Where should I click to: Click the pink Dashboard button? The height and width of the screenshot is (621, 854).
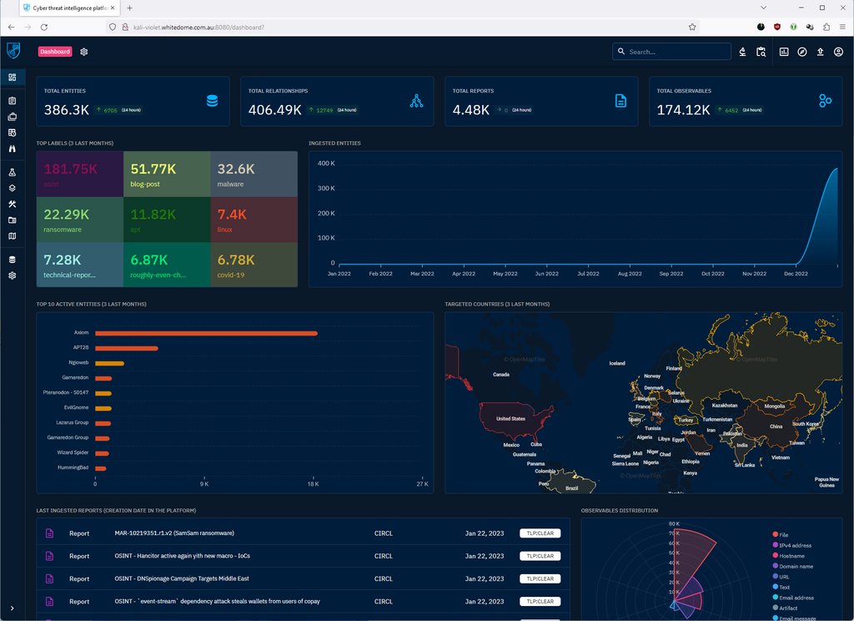point(55,52)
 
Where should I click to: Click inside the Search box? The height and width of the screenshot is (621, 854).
point(676,52)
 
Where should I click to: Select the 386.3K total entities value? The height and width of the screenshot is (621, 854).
point(66,109)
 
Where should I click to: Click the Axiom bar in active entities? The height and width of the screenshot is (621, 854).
point(206,333)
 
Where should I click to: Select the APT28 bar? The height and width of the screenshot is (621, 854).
point(126,348)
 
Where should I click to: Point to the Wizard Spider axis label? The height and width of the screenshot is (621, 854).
point(73,453)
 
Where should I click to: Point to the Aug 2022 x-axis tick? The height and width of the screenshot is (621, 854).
point(629,273)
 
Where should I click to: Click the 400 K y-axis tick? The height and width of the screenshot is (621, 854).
point(326,164)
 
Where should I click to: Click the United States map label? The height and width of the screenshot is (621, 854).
point(510,418)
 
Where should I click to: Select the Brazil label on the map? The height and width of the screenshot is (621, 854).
point(571,487)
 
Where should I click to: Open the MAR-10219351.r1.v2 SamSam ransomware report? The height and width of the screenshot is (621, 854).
point(174,533)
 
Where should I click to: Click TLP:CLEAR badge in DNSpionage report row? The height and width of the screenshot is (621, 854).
point(540,578)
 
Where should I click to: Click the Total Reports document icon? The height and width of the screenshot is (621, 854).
point(620,101)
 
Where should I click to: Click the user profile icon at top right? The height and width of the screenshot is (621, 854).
point(838,52)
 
